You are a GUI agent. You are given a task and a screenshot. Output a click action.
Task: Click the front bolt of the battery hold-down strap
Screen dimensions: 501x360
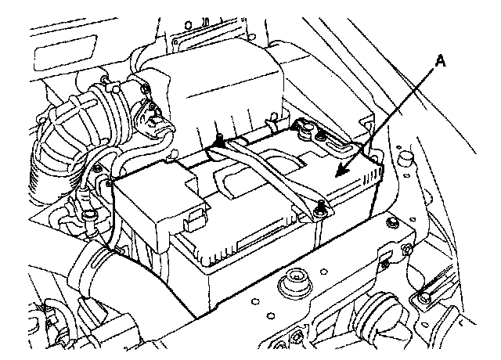coord(320,207)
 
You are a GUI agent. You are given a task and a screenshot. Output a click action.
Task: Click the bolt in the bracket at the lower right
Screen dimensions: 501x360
coord(423,298)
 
